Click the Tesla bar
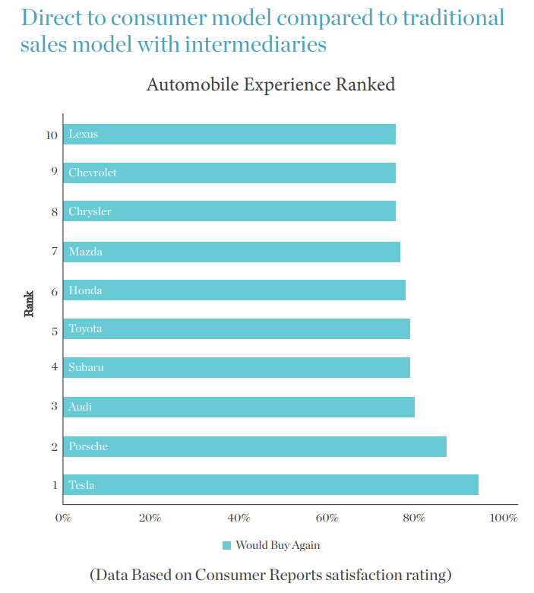tap(270, 485)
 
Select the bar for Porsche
tap(254, 446)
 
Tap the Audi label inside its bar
tap(81, 407)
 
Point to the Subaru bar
tap(236, 368)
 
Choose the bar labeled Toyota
tap(236, 329)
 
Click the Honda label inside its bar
tap(85, 290)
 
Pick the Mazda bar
tap(232, 252)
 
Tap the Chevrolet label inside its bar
tap(93, 173)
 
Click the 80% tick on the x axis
tap(414, 518)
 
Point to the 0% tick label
tap(63, 518)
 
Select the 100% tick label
tap(504, 518)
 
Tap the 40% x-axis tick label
tap(239, 518)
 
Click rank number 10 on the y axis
tap(52, 135)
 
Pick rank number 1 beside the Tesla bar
tap(54, 485)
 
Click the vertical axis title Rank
tap(30, 303)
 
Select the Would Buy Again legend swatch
tap(226, 545)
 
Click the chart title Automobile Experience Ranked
tap(270, 84)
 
